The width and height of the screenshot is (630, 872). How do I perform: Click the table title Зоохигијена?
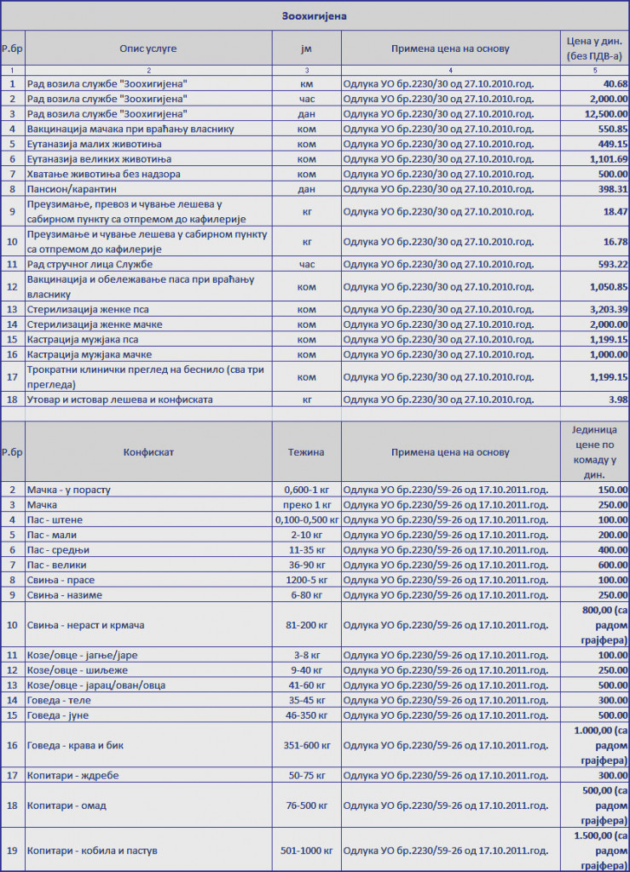click(315, 15)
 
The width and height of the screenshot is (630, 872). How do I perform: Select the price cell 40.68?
click(615, 83)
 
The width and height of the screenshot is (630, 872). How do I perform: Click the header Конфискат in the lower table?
click(148, 452)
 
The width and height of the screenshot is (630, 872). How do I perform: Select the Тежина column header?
click(306, 452)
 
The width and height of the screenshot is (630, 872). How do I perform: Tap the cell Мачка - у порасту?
click(69, 490)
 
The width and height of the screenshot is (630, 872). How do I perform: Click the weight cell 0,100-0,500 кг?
click(307, 519)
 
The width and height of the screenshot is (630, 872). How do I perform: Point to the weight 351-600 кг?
click(307, 745)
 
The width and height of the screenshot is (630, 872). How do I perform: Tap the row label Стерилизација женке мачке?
click(95, 324)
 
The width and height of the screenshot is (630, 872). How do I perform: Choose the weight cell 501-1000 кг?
click(307, 851)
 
